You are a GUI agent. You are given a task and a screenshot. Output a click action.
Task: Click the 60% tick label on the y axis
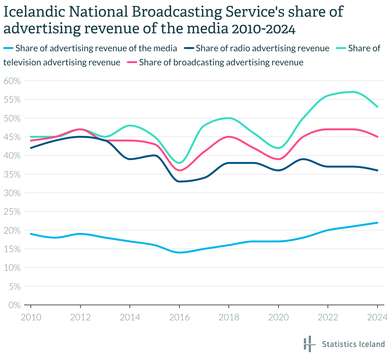coord(12,81)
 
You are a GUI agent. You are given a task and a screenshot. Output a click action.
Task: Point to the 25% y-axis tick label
coord(12,212)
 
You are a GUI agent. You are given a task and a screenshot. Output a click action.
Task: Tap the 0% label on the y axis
coord(14,305)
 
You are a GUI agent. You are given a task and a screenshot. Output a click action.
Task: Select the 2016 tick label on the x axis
coord(179,317)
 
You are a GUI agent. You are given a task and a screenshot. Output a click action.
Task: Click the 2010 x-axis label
coord(31,317)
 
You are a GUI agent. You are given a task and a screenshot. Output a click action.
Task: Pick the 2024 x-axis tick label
coord(377,317)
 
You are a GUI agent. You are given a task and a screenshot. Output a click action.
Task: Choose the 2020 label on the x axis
coord(279,317)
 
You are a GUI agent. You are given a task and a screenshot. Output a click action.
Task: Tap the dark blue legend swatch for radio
coord(189,48)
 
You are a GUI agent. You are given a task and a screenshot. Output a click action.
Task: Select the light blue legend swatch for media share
coord(8,48)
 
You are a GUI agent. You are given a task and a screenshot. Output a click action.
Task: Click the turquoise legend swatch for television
coord(341,48)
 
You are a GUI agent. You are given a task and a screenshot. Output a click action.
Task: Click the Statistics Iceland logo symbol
coord(308,344)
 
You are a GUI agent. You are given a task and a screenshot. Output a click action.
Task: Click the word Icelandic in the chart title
coord(32,12)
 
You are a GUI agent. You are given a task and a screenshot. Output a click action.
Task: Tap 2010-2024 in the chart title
coord(263,29)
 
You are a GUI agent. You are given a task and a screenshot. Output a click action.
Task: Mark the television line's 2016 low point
coord(179,163)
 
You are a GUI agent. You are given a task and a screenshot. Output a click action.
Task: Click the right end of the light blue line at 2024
coord(377,223)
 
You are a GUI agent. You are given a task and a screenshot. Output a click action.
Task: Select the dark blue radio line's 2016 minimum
coord(179,182)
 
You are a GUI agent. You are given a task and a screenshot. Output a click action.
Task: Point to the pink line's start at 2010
coord(31,141)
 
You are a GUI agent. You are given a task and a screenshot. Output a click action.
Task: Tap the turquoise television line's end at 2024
coord(377,107)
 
